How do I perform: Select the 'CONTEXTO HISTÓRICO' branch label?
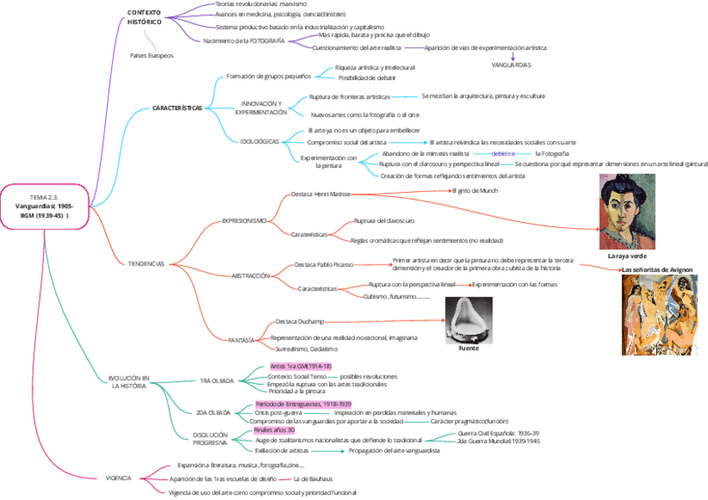(x=144, y=17)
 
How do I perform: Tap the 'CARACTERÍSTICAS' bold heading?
(x=177, y=108)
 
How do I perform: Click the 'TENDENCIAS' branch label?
(x=146, y=263)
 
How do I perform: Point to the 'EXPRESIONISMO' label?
(x=244, y=220)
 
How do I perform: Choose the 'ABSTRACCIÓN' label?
(x=250, y=275)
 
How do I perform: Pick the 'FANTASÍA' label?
(x=241, y=340)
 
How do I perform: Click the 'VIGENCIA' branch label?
(x=118, y=477)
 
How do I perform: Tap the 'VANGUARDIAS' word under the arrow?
(x=511, y=64)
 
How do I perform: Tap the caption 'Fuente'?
(x=468, y=348)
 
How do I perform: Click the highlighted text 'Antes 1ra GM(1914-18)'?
(x=301, y=366)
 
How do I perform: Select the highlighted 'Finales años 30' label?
(x=275, y=430)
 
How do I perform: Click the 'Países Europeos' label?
(x=151, y=55)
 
